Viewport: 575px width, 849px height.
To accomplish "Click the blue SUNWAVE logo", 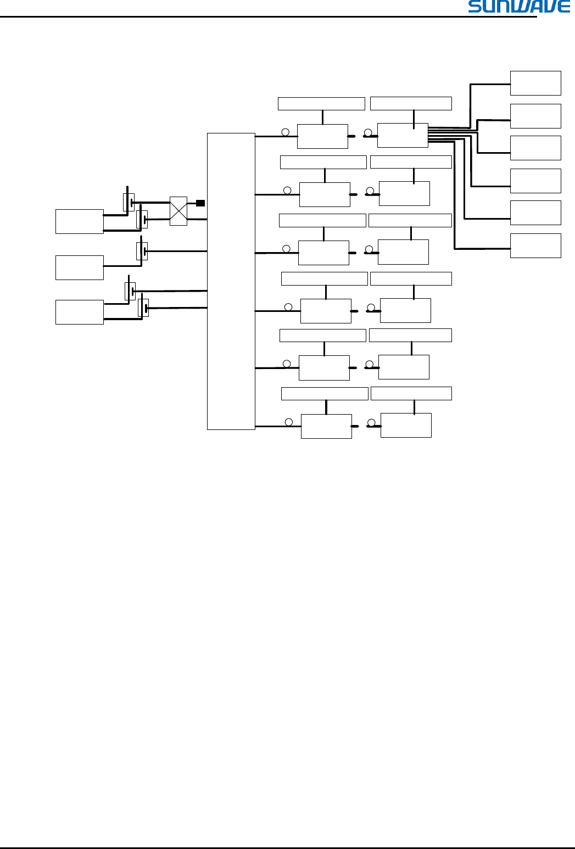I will click(x=519, y=7).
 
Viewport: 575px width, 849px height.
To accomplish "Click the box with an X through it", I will click(x=178, y=211).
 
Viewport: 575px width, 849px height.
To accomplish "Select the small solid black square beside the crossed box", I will click(x=200, y=203).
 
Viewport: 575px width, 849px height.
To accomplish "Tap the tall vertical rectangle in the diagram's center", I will click(x=231, y=281).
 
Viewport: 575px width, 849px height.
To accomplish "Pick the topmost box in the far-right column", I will click(x=535, y=83).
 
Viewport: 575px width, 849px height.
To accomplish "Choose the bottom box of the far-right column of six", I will click(x=535, y=245).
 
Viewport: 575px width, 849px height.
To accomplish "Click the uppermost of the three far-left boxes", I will click(x=80, y=221).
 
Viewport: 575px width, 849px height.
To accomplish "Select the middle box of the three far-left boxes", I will click(x=80, y=267).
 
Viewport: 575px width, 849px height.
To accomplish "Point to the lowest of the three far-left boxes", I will click(x=80, y=312).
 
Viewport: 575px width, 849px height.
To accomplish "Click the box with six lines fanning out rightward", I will click(x=403, y=136).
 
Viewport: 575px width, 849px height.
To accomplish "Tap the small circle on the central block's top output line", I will click(x=285, y=132).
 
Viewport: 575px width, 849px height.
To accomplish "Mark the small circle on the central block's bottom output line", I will click(x=289, y=422).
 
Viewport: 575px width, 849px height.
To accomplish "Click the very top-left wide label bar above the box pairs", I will click(x=321, y=104).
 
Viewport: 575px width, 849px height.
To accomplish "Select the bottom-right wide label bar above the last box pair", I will click(x=411, y=394).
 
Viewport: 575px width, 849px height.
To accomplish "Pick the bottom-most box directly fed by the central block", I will click(x=326, y=426).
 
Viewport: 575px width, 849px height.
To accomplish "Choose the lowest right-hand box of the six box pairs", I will click(x=406, y=425).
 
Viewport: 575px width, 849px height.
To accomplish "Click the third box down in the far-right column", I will click(x=535, y=148).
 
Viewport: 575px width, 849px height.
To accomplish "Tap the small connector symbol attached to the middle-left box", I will click(x=142, y=252).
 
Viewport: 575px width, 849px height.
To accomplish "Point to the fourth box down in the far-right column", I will click(x=535, y=181).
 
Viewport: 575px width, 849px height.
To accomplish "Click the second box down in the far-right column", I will click(x=535, y=116).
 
